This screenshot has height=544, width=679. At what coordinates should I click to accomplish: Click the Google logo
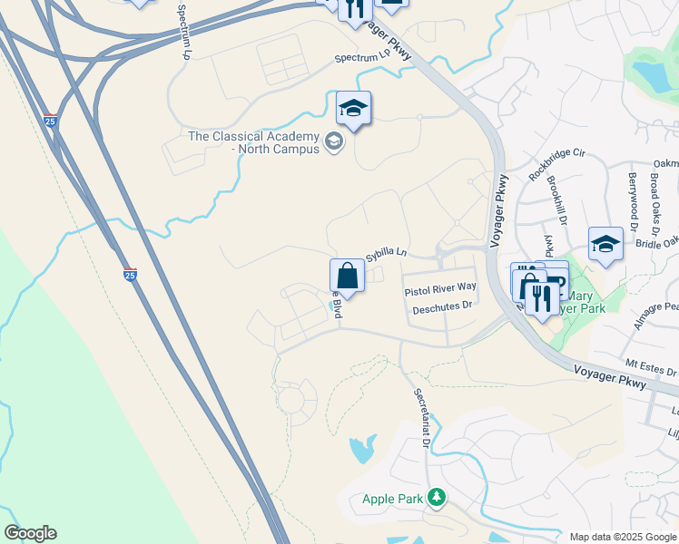tap(30, 533)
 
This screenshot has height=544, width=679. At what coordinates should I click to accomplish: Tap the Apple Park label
tap(393, 499)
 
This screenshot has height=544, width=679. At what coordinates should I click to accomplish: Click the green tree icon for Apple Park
tap(438, 498)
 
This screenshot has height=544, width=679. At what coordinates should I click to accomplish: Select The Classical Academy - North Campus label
tap(253, 142)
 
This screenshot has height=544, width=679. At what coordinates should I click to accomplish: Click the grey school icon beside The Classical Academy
tap(334, 141)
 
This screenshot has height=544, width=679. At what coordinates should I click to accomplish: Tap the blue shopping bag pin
tap(347, 275)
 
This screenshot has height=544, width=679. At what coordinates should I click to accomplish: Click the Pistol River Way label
tap(440, 287)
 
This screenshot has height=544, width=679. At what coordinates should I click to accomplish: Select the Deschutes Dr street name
tap(443, 307)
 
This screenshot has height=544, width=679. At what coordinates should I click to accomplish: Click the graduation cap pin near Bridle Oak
tap(605, 245)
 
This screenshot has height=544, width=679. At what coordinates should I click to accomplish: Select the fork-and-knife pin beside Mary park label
tap(542, 298)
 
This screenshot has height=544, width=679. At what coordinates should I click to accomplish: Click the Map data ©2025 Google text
tap(623, 536)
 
